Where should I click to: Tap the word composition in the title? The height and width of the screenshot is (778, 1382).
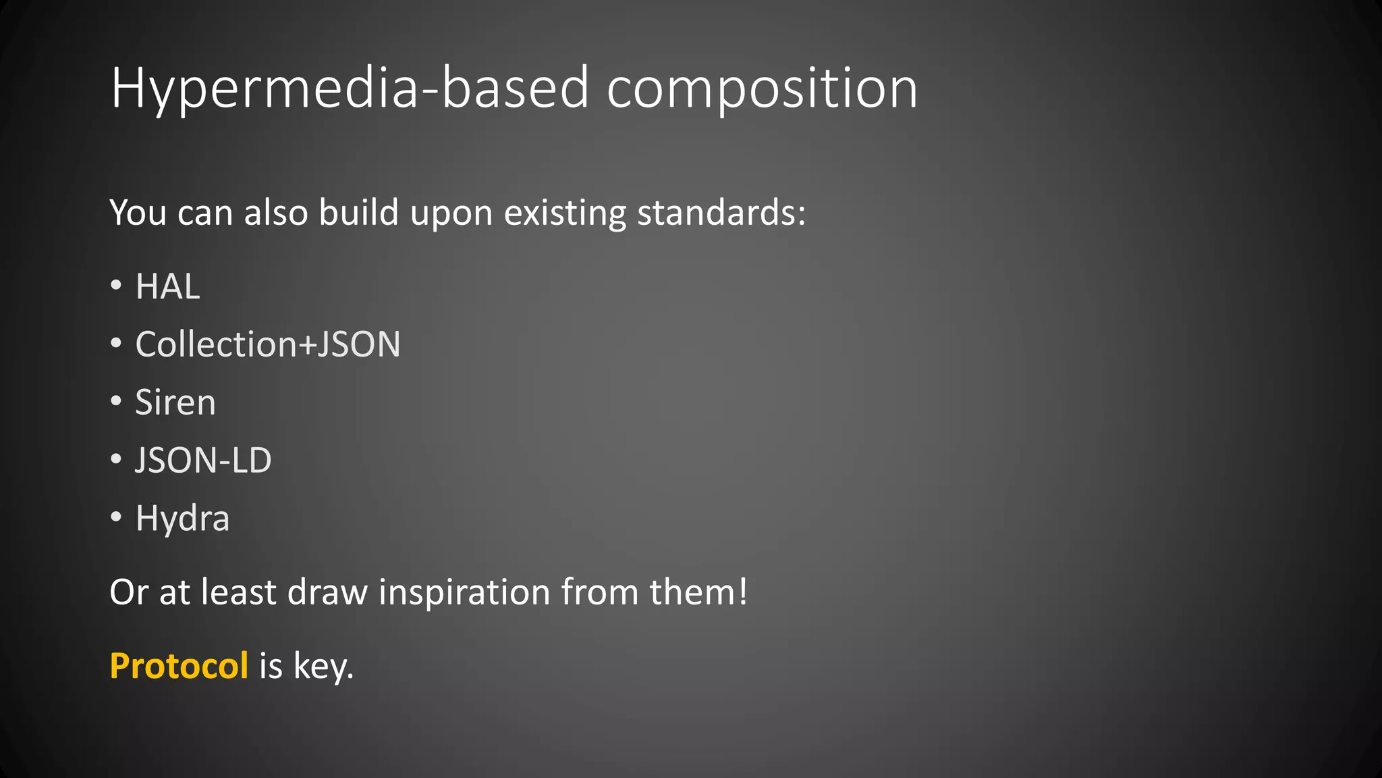(762, 88)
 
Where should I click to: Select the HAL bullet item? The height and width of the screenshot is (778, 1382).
(167, 286)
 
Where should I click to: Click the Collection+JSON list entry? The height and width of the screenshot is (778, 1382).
(268, 344)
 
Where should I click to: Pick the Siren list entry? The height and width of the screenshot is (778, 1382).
(175, 403)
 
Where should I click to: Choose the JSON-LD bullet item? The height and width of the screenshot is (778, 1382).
(203, 461)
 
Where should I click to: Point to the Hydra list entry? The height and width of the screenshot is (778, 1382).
(182, 519)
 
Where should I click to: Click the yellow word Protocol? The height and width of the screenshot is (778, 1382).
(179, 666)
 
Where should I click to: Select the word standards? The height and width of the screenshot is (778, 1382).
(721, 213)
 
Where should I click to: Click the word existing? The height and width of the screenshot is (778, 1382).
(565, 213)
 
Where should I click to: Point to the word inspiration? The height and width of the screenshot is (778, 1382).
(464, 592)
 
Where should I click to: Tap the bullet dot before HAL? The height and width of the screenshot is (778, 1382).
(116, 286)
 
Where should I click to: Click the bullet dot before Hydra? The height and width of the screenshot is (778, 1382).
(116, 518)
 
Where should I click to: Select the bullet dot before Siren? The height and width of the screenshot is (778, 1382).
(116, 402)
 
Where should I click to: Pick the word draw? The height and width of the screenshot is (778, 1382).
(327, 592)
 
